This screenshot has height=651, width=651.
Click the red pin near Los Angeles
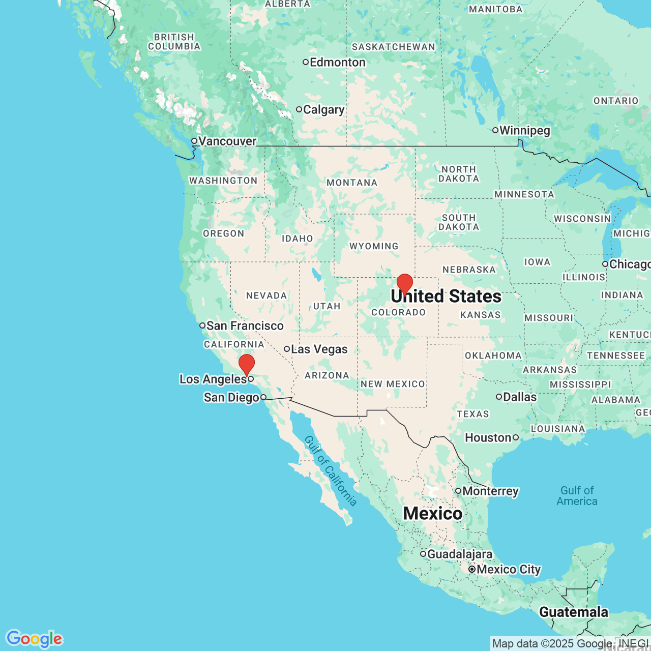[x=247, y=364]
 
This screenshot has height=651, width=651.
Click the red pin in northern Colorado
[x=405, y=283]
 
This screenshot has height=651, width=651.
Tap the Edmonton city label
[x=338, y=63]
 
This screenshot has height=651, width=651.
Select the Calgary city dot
[x=299, y=109]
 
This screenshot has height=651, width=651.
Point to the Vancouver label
[x=227, y=141]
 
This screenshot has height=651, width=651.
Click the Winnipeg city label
[x=525, y=131]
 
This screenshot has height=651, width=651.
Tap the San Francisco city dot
[x=202, y=325]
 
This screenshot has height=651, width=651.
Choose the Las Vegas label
[x=319, y=349]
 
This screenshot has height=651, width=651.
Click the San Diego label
[x=231, y=397]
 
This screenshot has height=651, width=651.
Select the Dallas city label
[x=520, y=397]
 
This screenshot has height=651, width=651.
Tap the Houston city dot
[x=516, y=437]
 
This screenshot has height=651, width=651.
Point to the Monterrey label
[x=490, y=491]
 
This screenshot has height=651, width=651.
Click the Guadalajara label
[x=460, y=554]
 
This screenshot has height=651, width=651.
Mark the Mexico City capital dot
[x=472, y=570]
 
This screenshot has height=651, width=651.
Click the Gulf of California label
[x=331, y=471]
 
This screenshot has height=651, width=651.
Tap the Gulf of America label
[x=577, y=496]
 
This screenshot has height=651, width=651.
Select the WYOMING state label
[x=374, y=246]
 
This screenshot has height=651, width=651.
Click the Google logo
[x=34, y=639]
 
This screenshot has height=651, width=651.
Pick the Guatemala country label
[x=574, y=612]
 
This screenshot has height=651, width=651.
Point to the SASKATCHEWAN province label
[x=394, y=47]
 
